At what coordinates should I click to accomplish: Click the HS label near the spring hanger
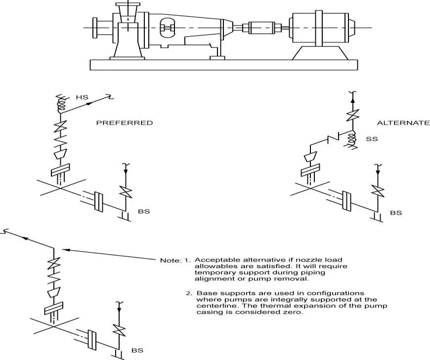[82, 98]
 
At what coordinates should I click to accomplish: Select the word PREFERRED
[124, 123]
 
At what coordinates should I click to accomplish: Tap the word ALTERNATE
[403, 123]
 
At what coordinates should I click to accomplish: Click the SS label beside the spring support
[372, 139]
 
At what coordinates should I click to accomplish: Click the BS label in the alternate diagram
[396, 213]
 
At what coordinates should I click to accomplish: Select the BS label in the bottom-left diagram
[137, 350]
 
